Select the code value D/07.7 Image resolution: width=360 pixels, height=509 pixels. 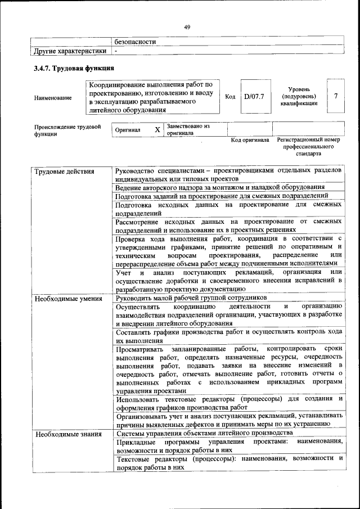[x=254, y=97]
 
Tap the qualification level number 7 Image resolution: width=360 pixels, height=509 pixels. [x=336, y=96]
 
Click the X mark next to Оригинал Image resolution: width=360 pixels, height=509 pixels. [x=157, y=130]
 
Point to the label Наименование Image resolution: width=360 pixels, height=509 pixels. [x=53, y=98]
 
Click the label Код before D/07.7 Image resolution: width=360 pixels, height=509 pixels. [x=230, y=97]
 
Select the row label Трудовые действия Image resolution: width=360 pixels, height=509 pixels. [x=64, y=171]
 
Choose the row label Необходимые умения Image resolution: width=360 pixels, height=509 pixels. [x=67, y=298]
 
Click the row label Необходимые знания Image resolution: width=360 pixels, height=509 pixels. [x=67, y=434]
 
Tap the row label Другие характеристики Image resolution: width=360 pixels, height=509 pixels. [x=70, y=51]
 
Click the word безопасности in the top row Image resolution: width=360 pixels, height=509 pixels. [x=135, y=42]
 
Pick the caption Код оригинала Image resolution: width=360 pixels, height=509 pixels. [x=250, y=140]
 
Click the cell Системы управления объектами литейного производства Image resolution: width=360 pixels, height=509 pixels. [x=204, y=433]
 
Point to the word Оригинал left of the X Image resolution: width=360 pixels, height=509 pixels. [x=128, y=130]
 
